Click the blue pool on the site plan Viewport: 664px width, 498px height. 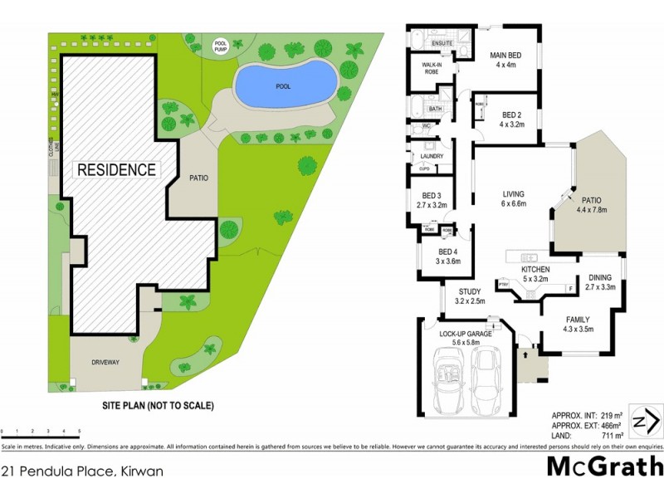pyautogui.click(x=285, y=83)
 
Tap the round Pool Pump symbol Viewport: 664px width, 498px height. pyautogui.click(x=221, y=46)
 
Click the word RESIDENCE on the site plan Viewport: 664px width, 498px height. pyautogui.click(x=116, y=169)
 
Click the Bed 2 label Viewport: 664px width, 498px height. pyautogui.click(x=511, y=119)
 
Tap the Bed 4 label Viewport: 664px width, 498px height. pyautogui.click(x=447, y=256)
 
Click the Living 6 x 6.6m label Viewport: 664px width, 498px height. pyautogui.click(x=514, y=199)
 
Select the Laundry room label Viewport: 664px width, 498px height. pyautogui.click(x=432, y=156)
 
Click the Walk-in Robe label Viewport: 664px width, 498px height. pyautogui.click(x=432, y=68)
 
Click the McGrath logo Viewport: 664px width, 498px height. pyautogui.click(x=603, y=466)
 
